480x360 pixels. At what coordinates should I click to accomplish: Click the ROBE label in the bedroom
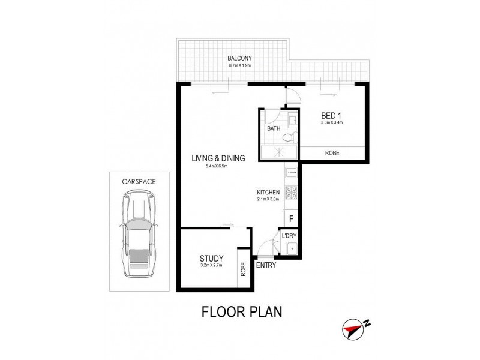[x=332, y=154]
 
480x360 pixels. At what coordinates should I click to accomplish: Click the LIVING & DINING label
[x=218, y=158]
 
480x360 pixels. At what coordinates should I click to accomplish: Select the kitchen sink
[x=290, y=173]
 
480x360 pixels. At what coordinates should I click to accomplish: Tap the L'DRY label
[x=290, y=237]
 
